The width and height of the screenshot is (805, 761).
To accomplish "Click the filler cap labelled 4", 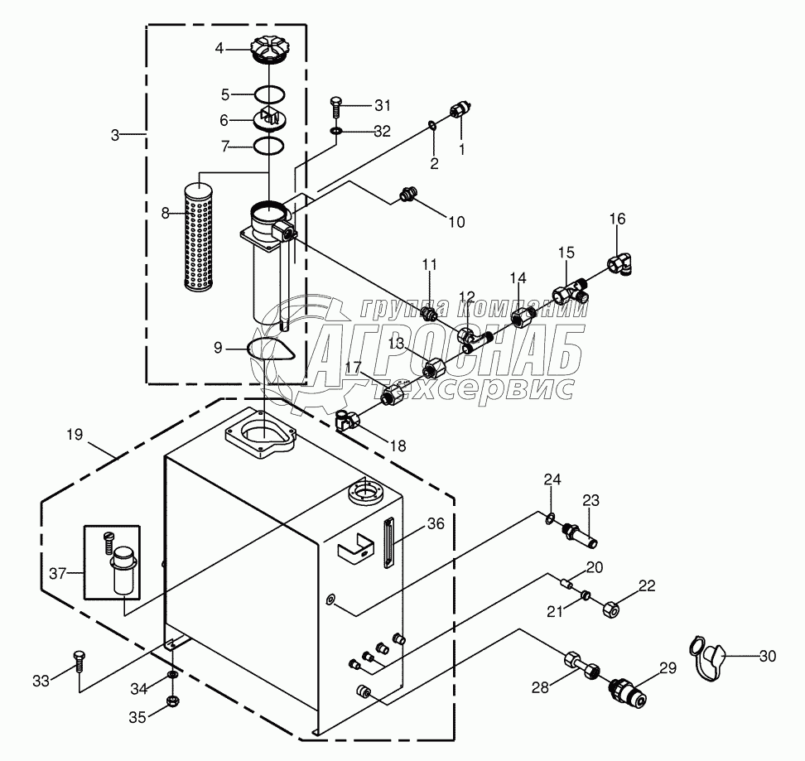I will (268, 50).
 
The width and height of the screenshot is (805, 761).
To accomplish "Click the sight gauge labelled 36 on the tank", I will (388, 543).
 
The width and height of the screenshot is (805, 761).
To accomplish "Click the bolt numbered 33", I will (79, 659).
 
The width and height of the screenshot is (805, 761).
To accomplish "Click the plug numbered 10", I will (405, 195).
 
